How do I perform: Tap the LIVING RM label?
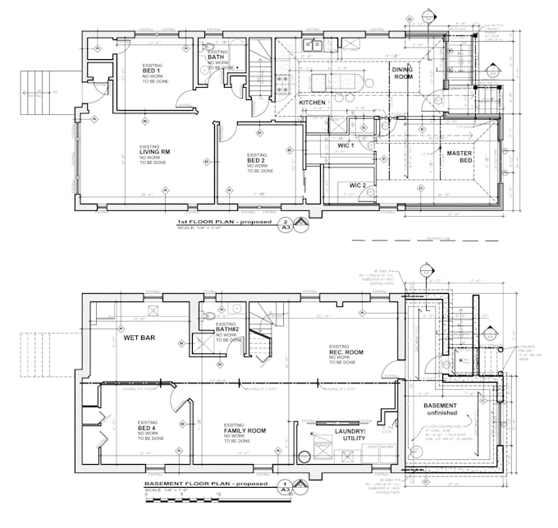(154, 152)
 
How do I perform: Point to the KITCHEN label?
(312, 103)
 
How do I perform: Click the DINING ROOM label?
(402, 73)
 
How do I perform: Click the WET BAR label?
(139, 337)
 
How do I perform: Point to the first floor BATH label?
(216, 57)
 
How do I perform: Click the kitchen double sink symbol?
(312, 44)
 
